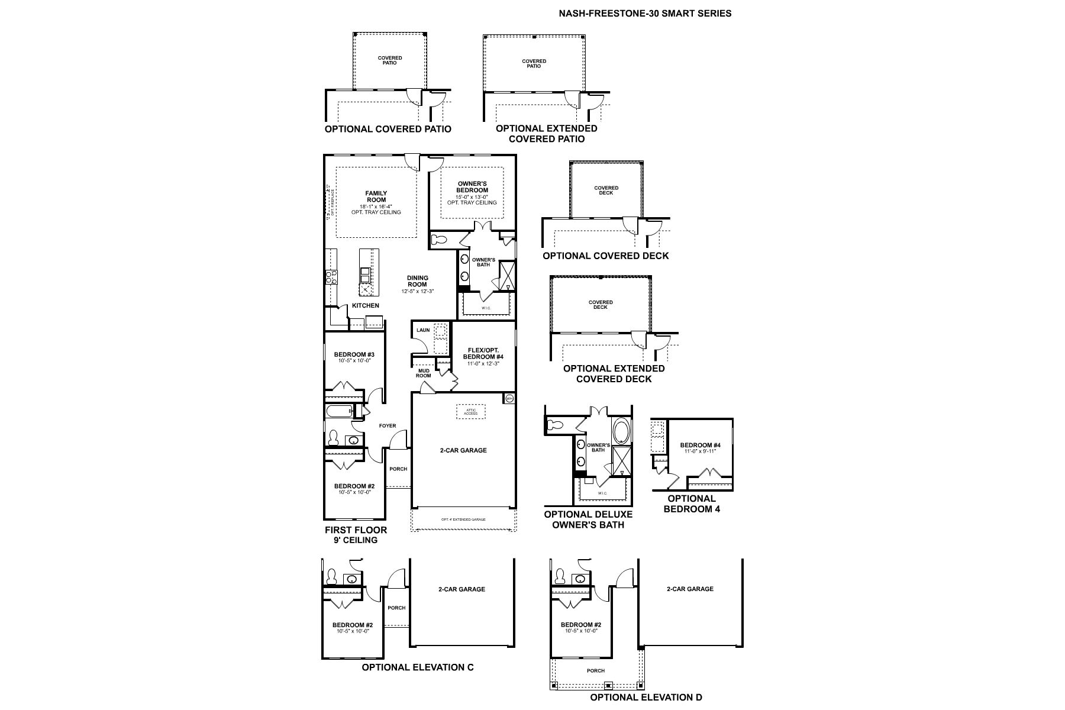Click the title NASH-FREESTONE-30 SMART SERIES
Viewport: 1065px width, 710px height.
click(645, 13)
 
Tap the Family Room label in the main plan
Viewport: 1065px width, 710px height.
click(376, 196)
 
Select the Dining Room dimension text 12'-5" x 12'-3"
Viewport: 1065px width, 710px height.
click(417, 291)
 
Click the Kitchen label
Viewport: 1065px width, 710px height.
click(366, 306)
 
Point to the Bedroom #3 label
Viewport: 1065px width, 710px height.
click(354, 355)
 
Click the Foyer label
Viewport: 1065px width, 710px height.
click(388, 426)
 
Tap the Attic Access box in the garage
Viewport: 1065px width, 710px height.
click(470, 412)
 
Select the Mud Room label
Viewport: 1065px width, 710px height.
click(423, 373)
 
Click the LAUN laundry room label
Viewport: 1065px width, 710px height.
click(423, 330)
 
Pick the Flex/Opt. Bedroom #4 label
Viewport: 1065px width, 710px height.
click(483, 353)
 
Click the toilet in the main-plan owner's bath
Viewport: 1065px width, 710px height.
click(439, 240)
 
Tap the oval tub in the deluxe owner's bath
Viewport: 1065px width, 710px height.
click(621, 431)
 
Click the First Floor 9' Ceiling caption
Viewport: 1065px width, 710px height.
click(356, 535)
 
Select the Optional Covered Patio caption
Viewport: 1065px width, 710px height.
click(388, 129)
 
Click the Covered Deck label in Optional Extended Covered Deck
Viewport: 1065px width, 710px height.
click(601, 305)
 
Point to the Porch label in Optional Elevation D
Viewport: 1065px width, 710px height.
click(596, 671)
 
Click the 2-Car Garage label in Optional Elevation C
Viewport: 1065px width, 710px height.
click(461, 589)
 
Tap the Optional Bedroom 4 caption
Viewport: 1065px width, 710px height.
click(692, 504)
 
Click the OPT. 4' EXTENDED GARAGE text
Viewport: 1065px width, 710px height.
click(463, 519)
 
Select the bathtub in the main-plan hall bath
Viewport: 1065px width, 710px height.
click(337, 411)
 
